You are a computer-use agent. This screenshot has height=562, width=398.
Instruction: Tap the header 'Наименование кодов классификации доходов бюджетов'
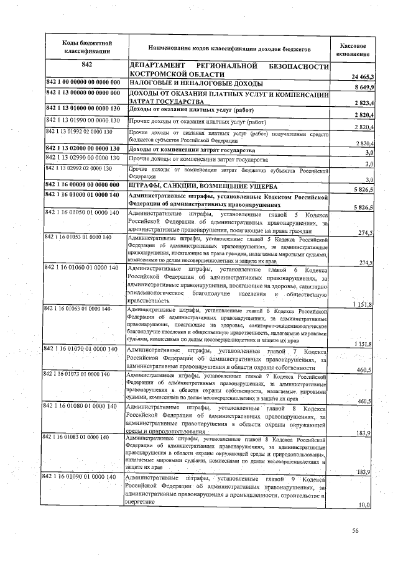tap(228, 48)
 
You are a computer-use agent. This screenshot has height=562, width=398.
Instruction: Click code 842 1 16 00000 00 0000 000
tap(84, 185)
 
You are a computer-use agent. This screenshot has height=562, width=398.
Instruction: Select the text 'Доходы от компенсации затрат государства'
tap(192, 150)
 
